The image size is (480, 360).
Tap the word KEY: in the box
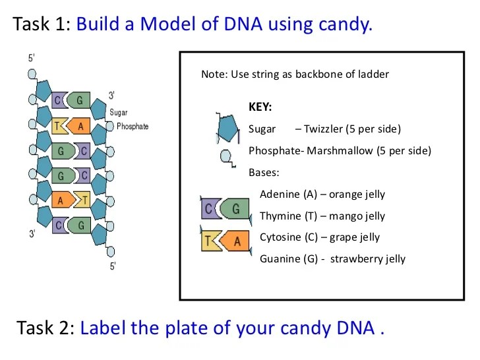tap(260, 107)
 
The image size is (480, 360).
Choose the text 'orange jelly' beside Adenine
tap(357, 195)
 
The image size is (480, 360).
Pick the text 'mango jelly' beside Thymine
tap(357, 216)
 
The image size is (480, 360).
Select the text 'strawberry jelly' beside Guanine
tap(368, 258)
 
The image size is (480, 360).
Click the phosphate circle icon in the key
tap(226, 157)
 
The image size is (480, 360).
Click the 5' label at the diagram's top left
tap(32, 58)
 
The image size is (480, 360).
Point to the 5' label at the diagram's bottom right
tap(113, 266)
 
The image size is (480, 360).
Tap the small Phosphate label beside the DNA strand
tap(133, 126)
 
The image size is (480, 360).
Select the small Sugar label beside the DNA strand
tap(119, 113)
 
